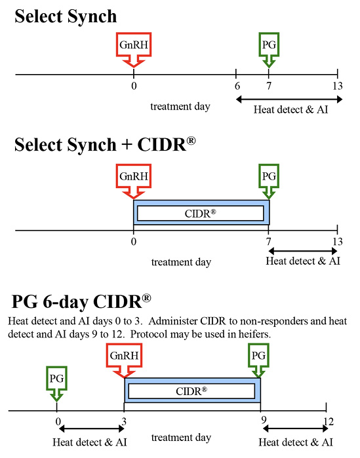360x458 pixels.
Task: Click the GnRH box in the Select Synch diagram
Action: [134, 45]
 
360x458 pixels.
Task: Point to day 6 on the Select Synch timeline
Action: [237, 86]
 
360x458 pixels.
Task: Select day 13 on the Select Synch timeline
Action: [337, 86]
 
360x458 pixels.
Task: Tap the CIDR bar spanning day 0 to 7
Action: [201, 213]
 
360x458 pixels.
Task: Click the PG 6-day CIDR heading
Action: [81, 303]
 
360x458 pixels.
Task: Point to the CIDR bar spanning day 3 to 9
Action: [192, 391]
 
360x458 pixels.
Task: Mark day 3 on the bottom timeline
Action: [125, 421]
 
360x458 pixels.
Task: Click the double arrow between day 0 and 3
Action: [91, 430]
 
